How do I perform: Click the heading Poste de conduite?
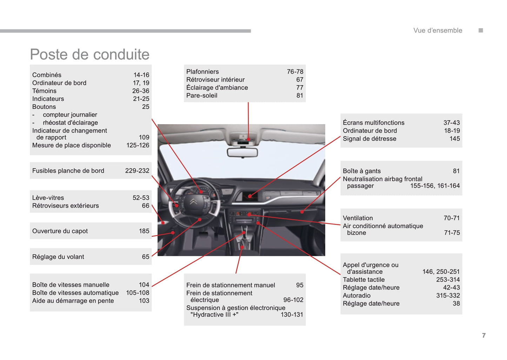pyautogui.click(x=89, y=54)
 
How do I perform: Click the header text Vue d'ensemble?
pyautogui.click(x=438, y=31)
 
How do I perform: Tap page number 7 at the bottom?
pyautogui.click(x=484, y=335)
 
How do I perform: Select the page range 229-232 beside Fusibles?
pyautogui.click(x=137, y=171)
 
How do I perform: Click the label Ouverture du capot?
pyautogui.click(x=60, y=231)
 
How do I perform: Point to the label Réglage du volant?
pyautogui.click(x=58, y=257)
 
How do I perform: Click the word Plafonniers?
pyautogui.click(x=202, y=72)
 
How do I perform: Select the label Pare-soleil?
pyautogui.click(x=202, y=95)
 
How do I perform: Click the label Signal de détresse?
pyautogui.click(x=369, y=139)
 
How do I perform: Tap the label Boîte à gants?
pyautogui.click(x=362, y=171)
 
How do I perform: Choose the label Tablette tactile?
pyautogui.click(x=363, y=280)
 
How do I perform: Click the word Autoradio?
pyautogui.click(x=356, y=295)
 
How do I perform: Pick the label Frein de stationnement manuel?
pyautogui.click(x=231, y=285)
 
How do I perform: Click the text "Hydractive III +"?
pyautogui.click(x=214, y=315)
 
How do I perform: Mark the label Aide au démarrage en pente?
pyautogui.click(x=73, y=301)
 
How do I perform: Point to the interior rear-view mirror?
pyautogui.click(x=242, y=152)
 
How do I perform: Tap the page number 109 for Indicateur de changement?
pyautogui.click(x=144, y=138)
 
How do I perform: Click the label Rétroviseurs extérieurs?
pyautogui.click(x=66, y=206)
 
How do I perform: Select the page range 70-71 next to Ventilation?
pyautogui.click(x=452, y=218)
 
